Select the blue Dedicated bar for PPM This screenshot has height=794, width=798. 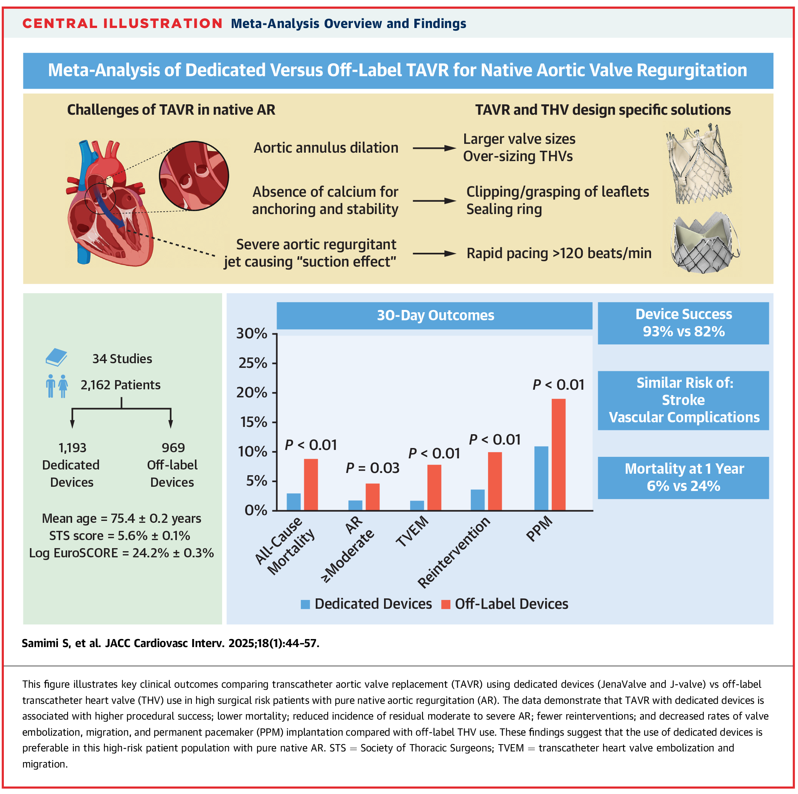pos(541,478)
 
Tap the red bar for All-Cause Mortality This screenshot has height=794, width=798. pos(311,484)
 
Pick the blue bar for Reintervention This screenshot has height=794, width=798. pos(478,499)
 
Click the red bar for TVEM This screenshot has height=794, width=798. pos(434,487)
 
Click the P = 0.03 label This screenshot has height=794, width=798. pos(372,468)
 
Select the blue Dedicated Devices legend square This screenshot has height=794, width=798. pos(305,605)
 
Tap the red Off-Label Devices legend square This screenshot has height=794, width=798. pos(446,605)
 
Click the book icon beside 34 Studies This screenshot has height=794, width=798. pos(56,357)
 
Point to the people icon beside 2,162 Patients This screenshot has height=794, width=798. pos(56,385)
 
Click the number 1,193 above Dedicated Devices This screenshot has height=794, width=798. pos(72,448)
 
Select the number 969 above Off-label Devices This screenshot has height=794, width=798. pos(173,448)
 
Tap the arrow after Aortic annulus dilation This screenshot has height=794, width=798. pos(434,148)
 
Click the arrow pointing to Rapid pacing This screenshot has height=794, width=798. pos(434,254)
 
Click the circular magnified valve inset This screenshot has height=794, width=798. pos(194,176)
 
